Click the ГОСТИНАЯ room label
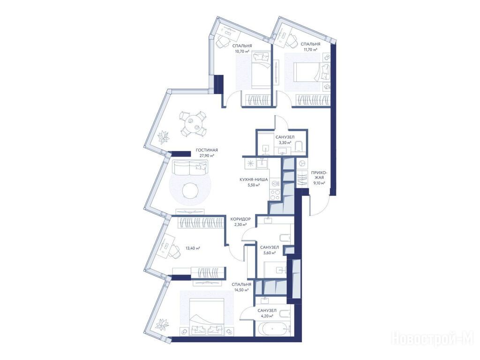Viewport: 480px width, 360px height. [x=207, y=150]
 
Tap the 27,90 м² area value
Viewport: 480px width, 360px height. [x=207, y=156]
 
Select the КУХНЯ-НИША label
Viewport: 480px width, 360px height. [x=254, y=180]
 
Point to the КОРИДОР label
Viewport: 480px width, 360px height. [x=240, y=219]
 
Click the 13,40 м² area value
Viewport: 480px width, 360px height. [x=193, y=248]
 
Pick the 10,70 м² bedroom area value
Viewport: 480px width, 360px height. [x=242, y=51]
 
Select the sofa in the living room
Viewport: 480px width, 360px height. [x=189, y=167]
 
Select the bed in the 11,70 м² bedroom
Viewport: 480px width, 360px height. [x=310, y=72]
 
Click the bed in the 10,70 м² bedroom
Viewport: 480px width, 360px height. [x=261, y=70]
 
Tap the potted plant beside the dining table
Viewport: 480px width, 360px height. [x=163, y=137]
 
